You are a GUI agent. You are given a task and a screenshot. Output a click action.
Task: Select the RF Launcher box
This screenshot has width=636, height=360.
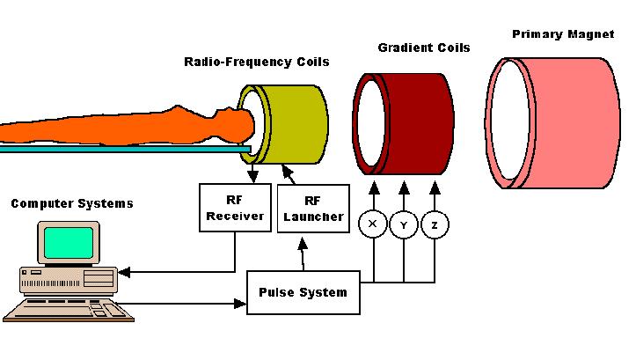pyautogui.click(x=311, y=209)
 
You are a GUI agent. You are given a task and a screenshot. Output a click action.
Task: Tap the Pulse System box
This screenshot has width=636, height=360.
pyautogui.click(x=303, y=292)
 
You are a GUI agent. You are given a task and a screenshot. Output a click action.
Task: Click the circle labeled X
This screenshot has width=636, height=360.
pyautogui.click(x=372, y=224)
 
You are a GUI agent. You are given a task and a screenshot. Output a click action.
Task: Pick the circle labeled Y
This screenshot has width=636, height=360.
pyautogui.click(x=404, y=224)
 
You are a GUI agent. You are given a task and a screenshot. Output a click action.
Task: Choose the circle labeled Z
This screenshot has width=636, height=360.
pyautogui.click(x=435, y=224)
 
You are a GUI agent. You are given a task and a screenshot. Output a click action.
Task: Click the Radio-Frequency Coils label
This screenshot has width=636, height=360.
pyautogui.click(x=256, y=62)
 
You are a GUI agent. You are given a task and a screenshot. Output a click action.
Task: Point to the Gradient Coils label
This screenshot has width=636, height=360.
pyautogui.click(x=423, y=47)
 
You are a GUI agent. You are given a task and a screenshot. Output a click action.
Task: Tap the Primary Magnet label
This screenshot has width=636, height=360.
pyautogui.click(x=562, y=34)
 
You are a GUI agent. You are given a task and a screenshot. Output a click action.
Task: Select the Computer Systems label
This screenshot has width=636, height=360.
pyautogui.click(x=72, y=203)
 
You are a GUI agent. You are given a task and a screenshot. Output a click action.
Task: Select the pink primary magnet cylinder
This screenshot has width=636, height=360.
pyautogui.click(x=572, y=123)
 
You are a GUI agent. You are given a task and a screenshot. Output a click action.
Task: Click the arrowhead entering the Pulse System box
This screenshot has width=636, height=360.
pyautogui.click(x=241, y=305)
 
